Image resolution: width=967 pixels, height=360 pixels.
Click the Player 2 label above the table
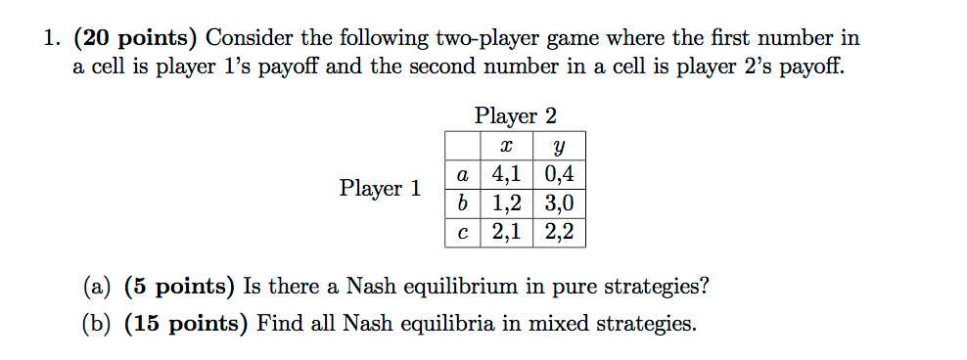click(515, 115)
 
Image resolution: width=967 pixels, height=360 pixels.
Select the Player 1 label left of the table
click(380, 188)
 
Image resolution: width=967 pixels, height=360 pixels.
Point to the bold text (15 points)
click(186, 324)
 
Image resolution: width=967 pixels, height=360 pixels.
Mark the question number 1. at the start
click(51, 39)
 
